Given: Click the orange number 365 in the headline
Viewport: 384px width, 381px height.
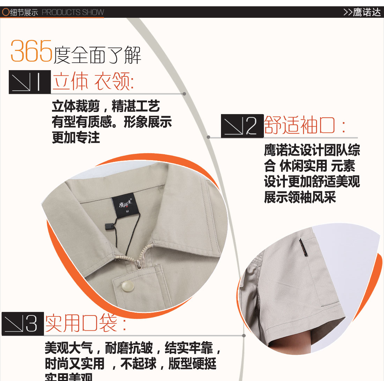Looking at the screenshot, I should pos(31,52).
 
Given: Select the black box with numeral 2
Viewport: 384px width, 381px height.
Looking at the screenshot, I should pos(242,126).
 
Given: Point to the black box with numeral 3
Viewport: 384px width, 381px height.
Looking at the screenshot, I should pos(23,324).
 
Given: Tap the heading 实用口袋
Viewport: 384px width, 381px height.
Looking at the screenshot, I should pos(86,323).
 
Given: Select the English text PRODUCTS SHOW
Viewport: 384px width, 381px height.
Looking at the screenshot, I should pos(73,13).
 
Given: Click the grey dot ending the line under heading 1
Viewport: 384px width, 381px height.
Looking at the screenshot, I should pos(184,94).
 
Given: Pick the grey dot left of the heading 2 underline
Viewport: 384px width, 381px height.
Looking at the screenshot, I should pos(208,137).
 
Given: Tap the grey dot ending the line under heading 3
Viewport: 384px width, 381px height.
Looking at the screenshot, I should pos(244,336).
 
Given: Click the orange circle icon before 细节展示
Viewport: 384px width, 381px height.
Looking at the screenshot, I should pos(5,12).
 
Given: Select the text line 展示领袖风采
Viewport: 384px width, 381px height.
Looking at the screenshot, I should pos(300,197).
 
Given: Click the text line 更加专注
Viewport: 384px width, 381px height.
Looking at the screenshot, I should pos(76,138).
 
